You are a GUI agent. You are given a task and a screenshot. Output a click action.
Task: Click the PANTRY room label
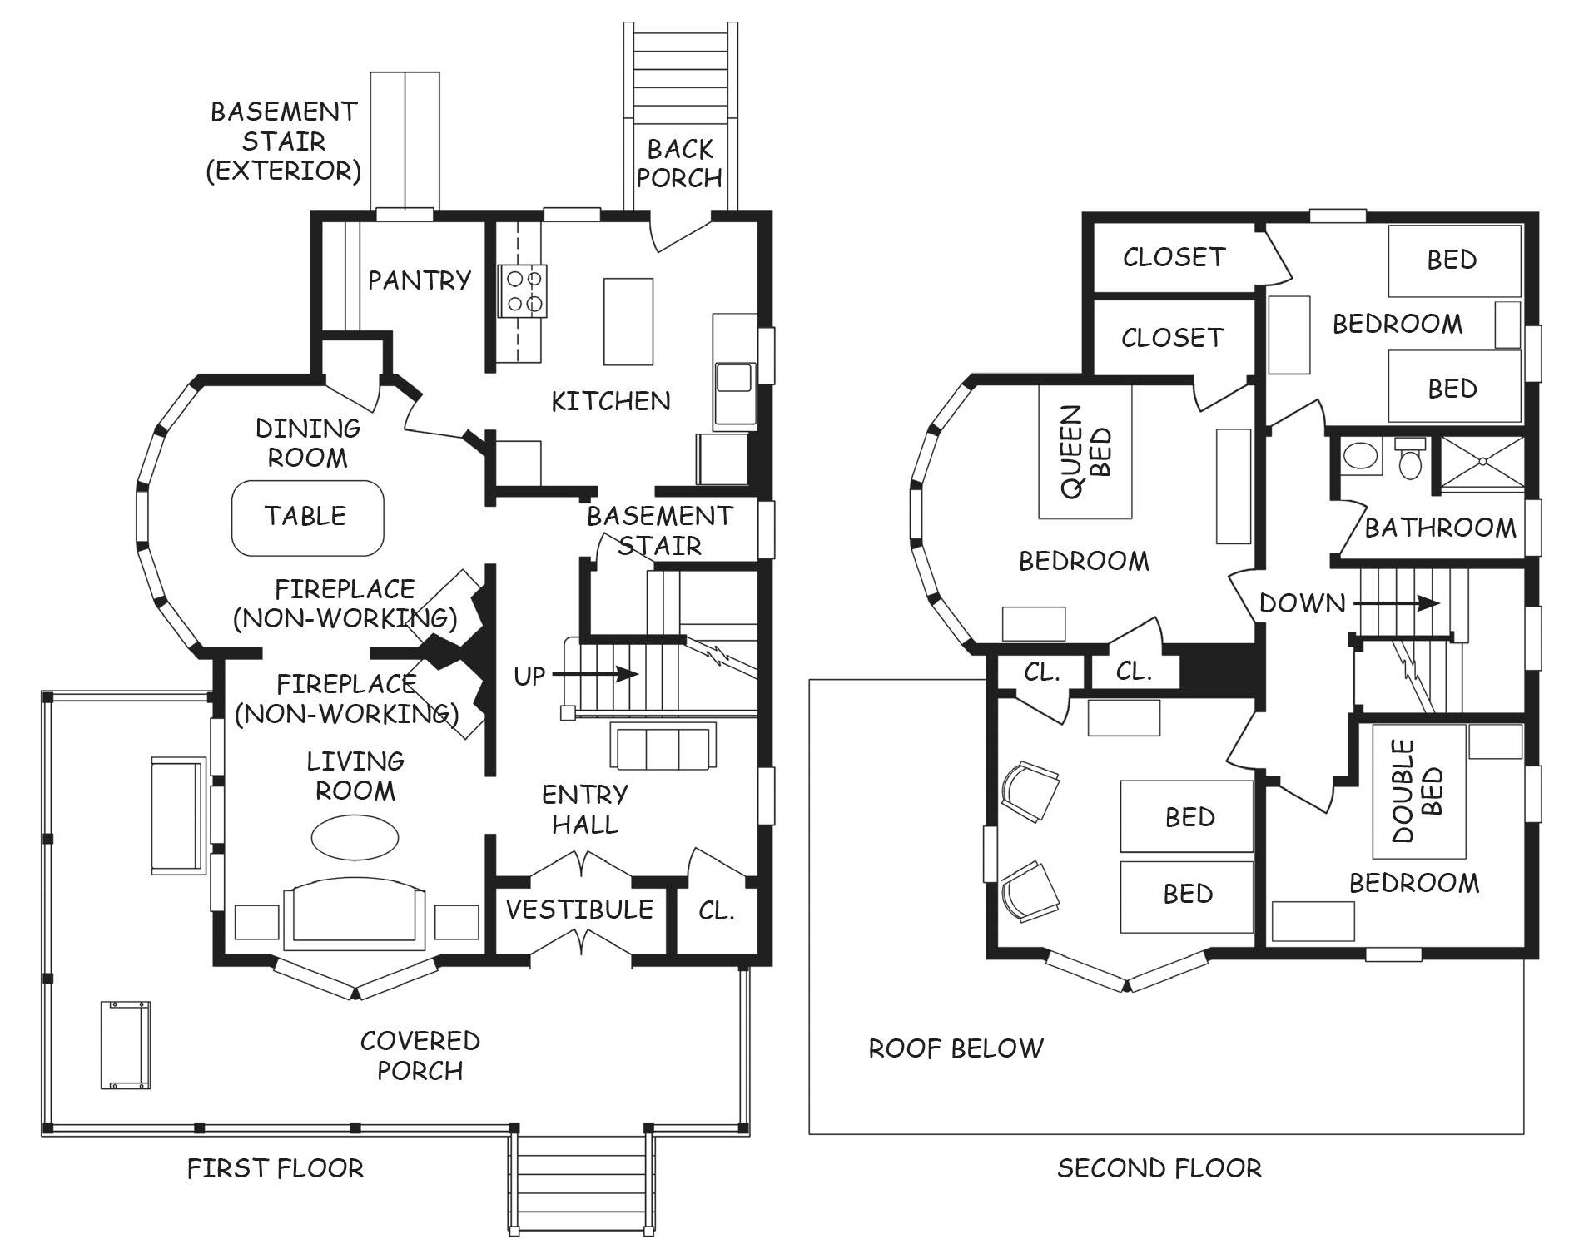click(x=420, y=280)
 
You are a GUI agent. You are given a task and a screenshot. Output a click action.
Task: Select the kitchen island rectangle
click(x=628, y=321)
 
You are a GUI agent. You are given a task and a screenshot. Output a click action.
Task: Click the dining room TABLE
click(x=307, y=517)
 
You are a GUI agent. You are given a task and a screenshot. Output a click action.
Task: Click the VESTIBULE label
click(x=579, y=909)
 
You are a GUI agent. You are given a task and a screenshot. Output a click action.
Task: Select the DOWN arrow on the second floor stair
click(x=1396, y=603)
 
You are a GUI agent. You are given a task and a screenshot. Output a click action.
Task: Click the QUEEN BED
click(x=1085, y=452)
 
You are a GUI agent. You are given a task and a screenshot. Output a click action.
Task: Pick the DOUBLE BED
click(x=1419, y=791)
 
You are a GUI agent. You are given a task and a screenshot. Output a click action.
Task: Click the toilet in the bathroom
click(x=1409, y=458)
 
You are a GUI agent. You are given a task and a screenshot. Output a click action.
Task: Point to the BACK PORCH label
click(x=680, y=163)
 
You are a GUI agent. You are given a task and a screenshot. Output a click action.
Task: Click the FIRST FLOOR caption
click(x=276, y=1168)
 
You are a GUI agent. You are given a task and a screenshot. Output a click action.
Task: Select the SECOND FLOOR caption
click(x=1159, y=1168)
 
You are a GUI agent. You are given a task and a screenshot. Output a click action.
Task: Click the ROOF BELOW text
click(x=956, y=1048)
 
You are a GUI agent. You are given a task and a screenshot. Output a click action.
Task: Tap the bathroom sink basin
click(x=1362, y=458)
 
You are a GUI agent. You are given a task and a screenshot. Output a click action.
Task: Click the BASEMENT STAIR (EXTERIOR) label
click(x=283, y=141)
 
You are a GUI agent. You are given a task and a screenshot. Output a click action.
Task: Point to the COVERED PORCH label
click(x=420, y=1055)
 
